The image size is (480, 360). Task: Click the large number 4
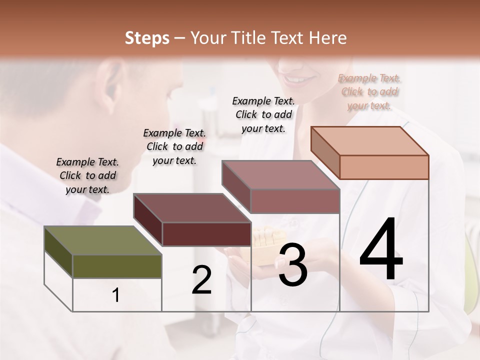[x=381, y=249]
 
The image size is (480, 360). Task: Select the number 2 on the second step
[x=201, y=280]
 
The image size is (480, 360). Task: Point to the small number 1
[x=116, y=295]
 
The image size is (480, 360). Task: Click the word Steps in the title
[x=147, y=38]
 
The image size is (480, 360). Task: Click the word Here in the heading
[x=327, y=38]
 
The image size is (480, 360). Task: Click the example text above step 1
[x=87, y=175]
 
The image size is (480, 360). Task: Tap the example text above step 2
[x=174, y=146]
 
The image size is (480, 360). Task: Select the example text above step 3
[x=263, y=114]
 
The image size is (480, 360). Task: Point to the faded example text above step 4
[x=369, y=91]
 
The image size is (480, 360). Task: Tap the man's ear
[x=110, y=85]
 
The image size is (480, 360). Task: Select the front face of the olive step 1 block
[x=117, y=266]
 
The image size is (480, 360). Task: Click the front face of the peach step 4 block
[x=384, y=167]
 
